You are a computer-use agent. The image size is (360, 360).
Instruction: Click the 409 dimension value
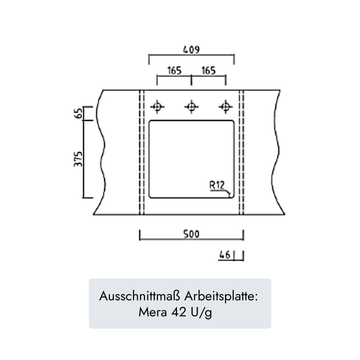click(191, 50)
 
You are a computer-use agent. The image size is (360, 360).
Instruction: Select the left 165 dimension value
click(174, 70)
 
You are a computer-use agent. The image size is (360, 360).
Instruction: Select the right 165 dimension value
click(209, 70)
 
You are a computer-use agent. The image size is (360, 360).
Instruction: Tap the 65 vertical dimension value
click(79, 113)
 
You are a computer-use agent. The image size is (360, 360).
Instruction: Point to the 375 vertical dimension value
click(78, 159)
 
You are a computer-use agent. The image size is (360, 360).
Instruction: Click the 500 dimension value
click(191, 234)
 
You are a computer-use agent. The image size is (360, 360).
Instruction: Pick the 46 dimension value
click(225, 255)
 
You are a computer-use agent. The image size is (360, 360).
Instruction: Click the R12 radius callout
click(217, 185)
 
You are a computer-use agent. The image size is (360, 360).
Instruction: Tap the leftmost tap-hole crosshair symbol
click(157, 107)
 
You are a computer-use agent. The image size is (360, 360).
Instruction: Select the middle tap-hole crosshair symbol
click(191, 107)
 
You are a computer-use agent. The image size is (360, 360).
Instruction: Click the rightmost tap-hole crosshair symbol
click(226, 107)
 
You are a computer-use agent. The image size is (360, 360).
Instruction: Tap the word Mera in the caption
click(153, 312)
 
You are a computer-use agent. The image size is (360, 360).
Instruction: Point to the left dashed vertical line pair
click(142, 152)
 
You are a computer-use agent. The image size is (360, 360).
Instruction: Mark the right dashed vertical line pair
click(241, 152)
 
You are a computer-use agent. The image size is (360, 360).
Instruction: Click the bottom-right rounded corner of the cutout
click(233, 196)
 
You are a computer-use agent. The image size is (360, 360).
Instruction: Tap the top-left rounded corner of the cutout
click(150, 122)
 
